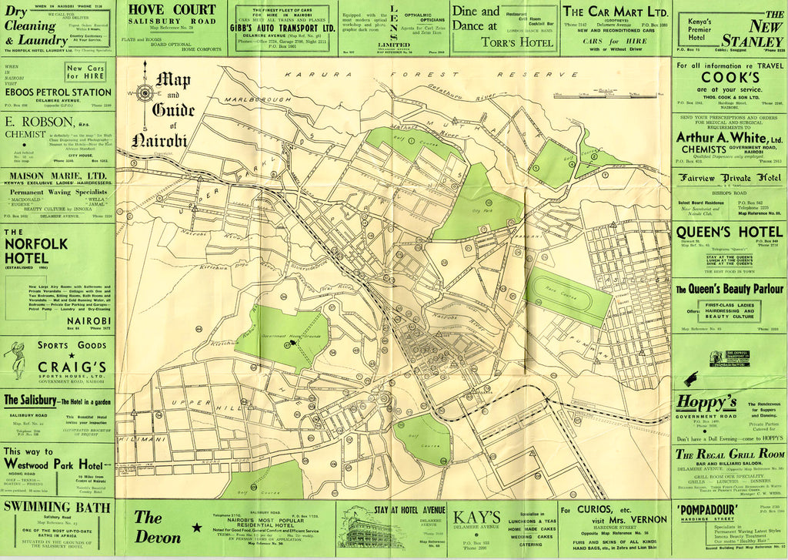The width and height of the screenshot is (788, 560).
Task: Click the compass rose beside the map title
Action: [144, 93]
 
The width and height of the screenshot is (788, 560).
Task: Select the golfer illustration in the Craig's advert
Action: [17, 360]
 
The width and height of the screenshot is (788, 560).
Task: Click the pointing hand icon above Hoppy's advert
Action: [691, 378]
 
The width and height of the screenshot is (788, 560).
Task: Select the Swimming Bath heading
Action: [58, 506]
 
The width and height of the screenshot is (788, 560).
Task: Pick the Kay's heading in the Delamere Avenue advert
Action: [478, 517]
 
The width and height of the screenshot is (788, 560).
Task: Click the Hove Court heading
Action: [172, 9]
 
